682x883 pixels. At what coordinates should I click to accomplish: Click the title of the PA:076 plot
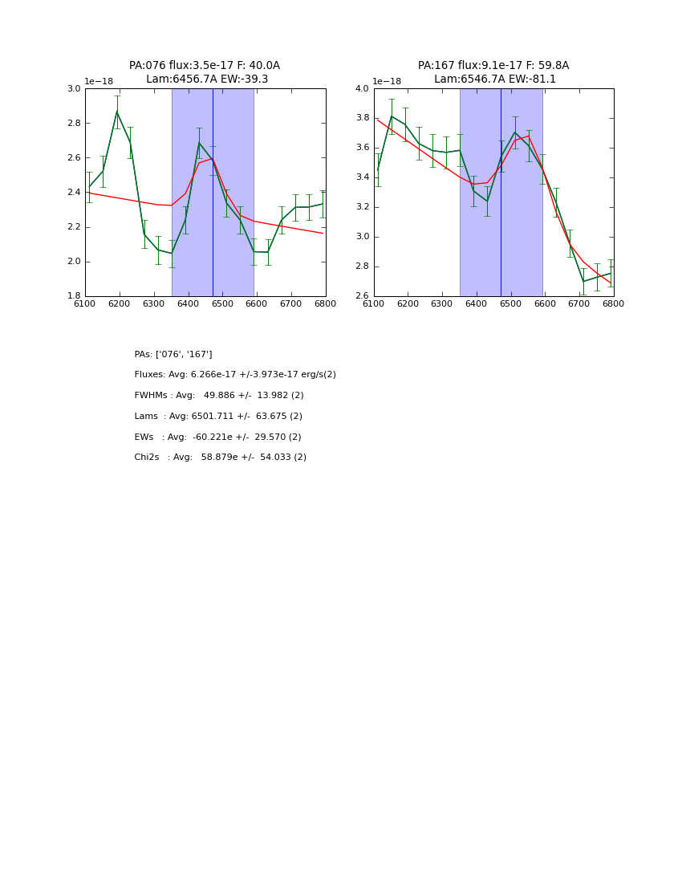[x=205, y=72]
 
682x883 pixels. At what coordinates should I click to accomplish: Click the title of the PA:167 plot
[x=493, y=72]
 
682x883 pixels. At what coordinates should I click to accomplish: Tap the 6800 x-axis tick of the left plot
[x=325, y=304]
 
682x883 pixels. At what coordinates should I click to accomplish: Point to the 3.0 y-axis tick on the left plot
[x=74, y=89]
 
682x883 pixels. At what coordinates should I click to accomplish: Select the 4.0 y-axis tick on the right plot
[x=363, y=89]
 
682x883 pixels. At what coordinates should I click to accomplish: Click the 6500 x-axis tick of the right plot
[x=510, y=304]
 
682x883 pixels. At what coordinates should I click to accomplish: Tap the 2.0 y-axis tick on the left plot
[x=74, y=262]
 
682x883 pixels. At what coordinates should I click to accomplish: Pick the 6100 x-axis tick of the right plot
[x=374, y=304]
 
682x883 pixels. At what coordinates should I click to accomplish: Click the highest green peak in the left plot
[x=117, y=112]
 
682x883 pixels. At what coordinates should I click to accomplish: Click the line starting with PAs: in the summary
[x=173, y=354]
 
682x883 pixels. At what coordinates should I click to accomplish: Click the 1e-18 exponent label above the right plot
[x=387, y=82]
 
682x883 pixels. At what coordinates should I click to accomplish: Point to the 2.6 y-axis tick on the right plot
[x=363, y=296]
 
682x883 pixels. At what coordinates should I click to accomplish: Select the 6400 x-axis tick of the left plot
[x=188, y=304]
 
